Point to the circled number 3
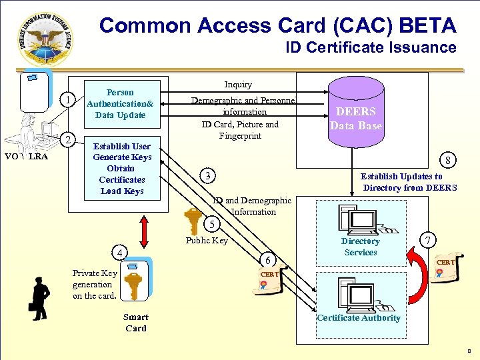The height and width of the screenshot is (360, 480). click(x=209, y=176)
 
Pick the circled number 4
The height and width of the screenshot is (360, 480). click(x=119, y=253)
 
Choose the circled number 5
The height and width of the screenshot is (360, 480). click(x=211, y=223)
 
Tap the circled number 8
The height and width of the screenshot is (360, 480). click(x=450, y=160)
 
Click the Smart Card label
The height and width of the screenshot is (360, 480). click(x=136, y=323)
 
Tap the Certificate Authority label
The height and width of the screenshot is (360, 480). click(x=359, y=318)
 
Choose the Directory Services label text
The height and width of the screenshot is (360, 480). click(x=360, y=247)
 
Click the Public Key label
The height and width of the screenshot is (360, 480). click(x=207, y=241)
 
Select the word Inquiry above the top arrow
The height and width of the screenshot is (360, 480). click(x=238, y=85)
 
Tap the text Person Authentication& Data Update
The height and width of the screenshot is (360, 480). click(x=120, y=104)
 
